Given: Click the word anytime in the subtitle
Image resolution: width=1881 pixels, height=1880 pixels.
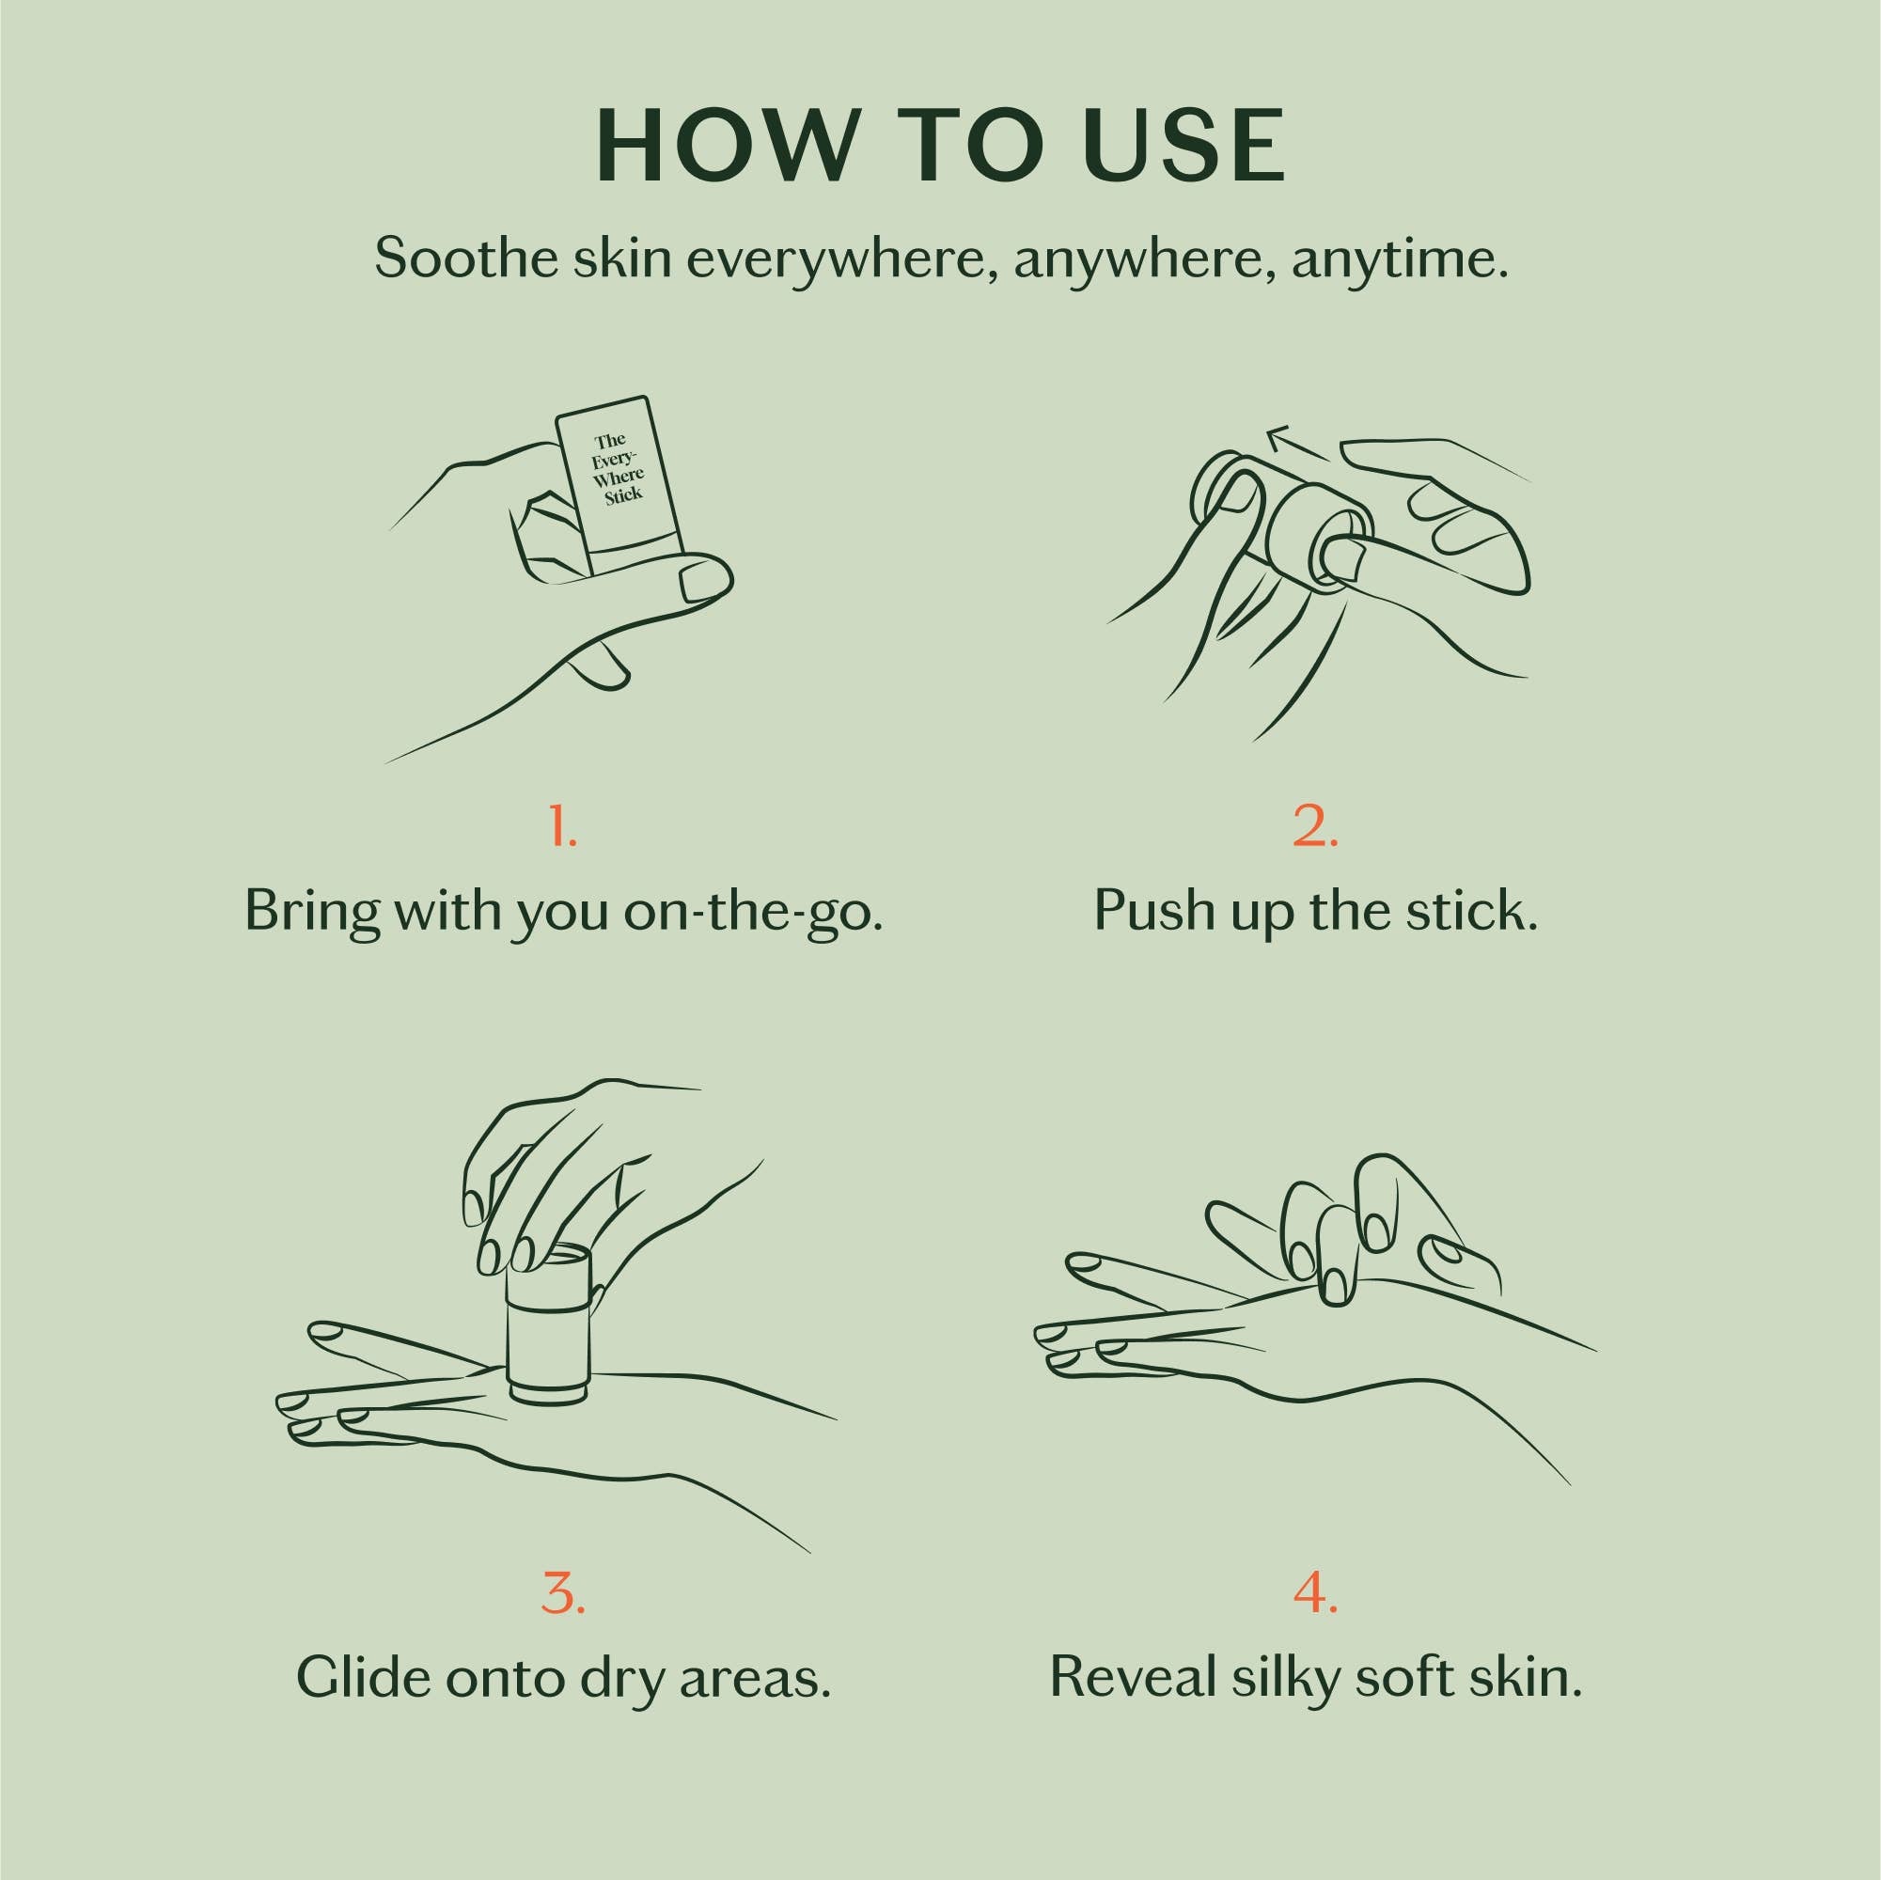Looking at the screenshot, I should coord(1399,259).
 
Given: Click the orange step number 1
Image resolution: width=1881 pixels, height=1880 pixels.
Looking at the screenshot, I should coord(563,825).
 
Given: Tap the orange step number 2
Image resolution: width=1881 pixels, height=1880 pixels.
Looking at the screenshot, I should coord(1315,825).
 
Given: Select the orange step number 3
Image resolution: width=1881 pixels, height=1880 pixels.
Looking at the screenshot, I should coord(563,1590).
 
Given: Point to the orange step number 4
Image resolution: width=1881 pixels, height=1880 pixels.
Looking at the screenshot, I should coord(1315,1590).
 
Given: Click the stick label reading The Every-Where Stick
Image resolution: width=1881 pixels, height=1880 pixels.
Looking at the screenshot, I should coord(619,469).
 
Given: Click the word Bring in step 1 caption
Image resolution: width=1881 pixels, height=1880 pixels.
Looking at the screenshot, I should coord(309,911).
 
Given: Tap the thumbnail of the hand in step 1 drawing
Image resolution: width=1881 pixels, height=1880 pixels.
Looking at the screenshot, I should coord(704,582).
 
